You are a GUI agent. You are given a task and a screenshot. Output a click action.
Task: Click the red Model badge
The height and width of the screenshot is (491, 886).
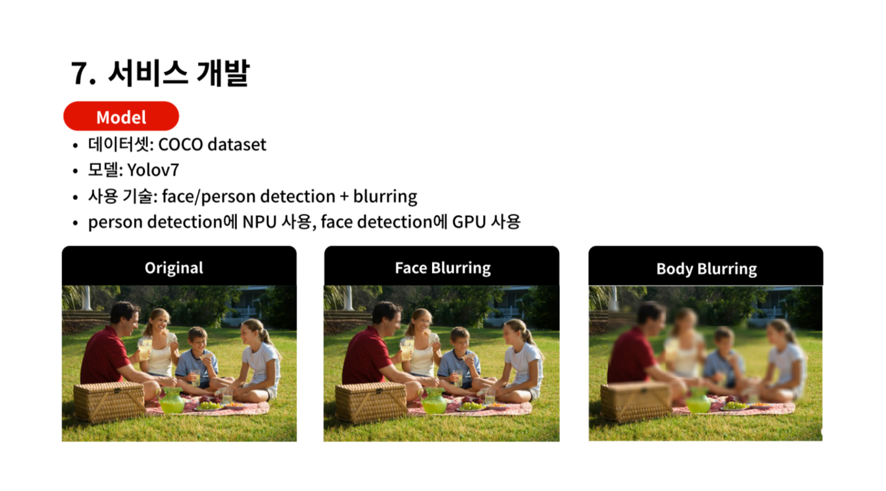click(x=121, y=116)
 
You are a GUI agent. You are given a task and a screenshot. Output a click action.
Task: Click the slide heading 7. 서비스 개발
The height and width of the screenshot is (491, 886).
click(x=160, y=73)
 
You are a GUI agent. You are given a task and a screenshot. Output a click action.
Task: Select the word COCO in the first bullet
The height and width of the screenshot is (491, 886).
click(x=180, y=145)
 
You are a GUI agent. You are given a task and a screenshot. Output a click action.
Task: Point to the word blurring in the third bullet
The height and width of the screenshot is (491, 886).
click(x=385, y=197)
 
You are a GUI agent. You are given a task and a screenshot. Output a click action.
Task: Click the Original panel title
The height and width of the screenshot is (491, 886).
click(x=174, y=268)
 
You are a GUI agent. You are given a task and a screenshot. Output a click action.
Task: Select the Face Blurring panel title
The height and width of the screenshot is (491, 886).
click(x=442, y=268)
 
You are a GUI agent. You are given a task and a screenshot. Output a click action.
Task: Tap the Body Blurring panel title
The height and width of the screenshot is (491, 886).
click(x=706, y=269)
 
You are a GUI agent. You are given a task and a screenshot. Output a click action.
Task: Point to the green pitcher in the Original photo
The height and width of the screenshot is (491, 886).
click(x=172, y=401)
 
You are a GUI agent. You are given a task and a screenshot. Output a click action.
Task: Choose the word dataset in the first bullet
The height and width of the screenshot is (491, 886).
click(x=237, y=145)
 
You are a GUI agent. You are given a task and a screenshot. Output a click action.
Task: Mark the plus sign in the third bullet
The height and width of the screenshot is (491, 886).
click(x=344, y=197)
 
